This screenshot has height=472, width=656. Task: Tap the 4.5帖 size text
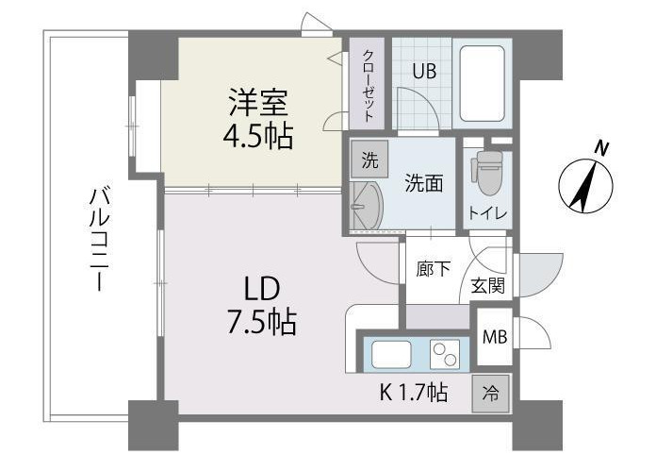[256, 136]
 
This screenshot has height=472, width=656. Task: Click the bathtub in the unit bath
[484, 82]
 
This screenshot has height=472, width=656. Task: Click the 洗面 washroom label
[424, 183]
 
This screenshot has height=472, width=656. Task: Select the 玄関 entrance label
[487, 285]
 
